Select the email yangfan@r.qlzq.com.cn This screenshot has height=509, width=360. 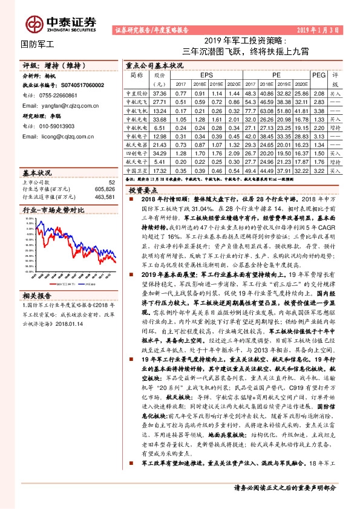[64, 104]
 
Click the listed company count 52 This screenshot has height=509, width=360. [111, 181]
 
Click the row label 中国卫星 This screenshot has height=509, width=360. [136, 170]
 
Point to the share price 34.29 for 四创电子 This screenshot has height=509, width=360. [160, 154]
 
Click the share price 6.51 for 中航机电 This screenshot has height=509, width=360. [160, 128]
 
